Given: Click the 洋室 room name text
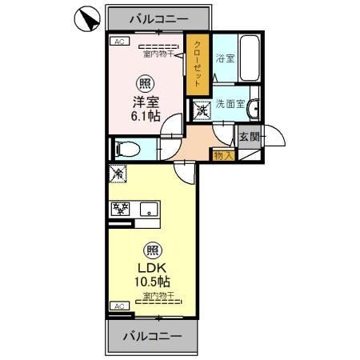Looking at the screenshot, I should pyautogui.click(x=147, y=102).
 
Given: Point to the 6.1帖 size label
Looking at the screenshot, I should pyautogui.click(x=147, y=117).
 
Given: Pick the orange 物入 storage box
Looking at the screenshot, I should pyautogui.click(x=222, y=155).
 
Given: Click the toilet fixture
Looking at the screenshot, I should pyautogui.click(x=128, y=149).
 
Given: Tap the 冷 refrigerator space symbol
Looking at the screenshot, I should pyautogui.click(x=118, y=173).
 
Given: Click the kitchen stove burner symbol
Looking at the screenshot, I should pyautogui.click(x=122, y=210).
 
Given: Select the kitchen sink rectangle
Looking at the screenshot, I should pyautogui.click(x=150, y=210).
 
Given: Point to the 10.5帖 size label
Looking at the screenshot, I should pyautogui.click(x=150, y=282).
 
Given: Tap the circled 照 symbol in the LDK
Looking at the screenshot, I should pyautogui.click(x=150, y=249).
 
